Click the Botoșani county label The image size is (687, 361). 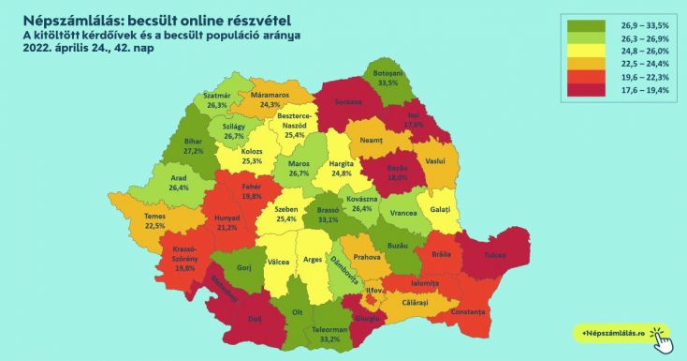[x=380, y=72]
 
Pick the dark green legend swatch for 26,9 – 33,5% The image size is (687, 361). [x=588, y=24]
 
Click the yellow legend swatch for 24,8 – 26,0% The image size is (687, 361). [x=588, y=51]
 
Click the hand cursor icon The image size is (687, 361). [x=662, y=339]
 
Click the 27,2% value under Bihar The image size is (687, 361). [x=195, y=150]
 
